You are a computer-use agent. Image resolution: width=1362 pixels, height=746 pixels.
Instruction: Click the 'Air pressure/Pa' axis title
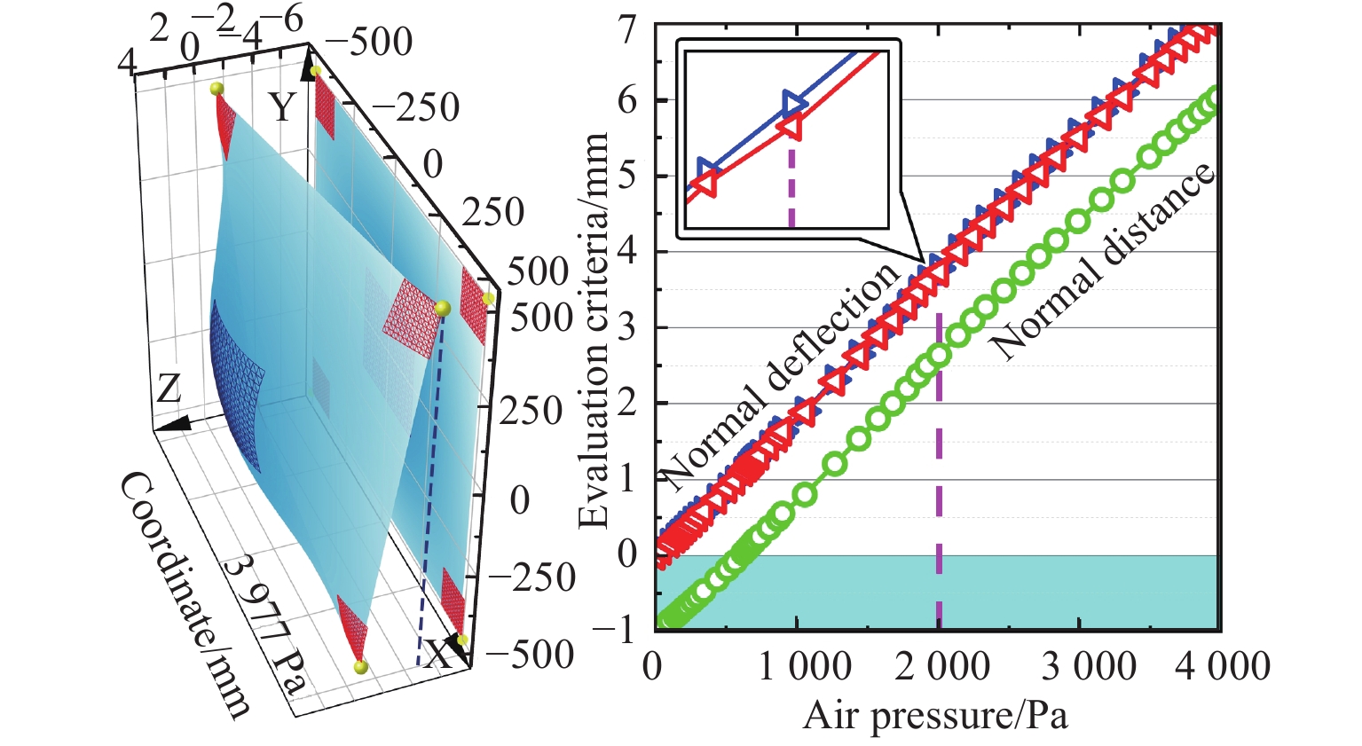935,715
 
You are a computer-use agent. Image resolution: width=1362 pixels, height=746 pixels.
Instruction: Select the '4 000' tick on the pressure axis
1222,666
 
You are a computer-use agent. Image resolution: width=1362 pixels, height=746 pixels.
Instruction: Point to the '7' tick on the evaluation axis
627,28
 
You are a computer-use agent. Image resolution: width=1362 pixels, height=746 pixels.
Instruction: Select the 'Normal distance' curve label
1105,262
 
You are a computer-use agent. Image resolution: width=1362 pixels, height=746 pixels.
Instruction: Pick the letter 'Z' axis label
169,389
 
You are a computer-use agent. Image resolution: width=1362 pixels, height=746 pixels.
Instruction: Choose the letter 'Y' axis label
282,107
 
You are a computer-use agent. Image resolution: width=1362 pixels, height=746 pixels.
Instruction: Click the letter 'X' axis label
437,656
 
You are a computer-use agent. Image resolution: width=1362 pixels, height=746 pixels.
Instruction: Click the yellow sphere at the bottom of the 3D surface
359,667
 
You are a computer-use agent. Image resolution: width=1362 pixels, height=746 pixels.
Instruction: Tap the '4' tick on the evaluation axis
627,252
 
